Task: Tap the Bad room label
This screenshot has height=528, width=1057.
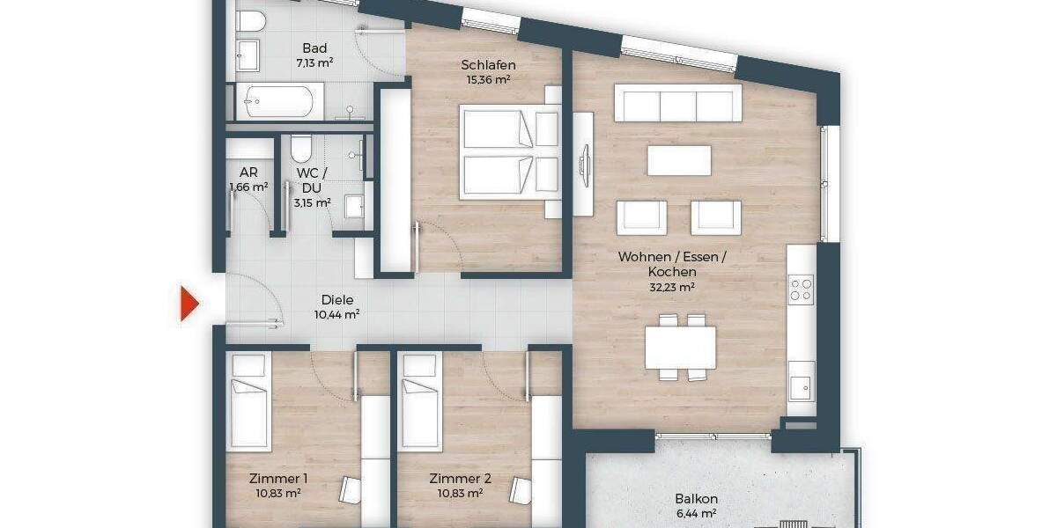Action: click(314, 48)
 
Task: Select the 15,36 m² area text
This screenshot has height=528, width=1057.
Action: click(488, 79)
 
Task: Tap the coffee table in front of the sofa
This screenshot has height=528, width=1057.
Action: click(679, 160)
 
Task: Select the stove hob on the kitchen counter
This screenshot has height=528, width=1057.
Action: click(801, 289)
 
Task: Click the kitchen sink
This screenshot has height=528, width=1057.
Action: click(801, 385)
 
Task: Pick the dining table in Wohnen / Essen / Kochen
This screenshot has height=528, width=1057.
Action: click(680, 347)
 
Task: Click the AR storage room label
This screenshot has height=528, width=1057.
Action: click(248, 173)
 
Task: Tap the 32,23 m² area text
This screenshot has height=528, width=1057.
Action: click(672, 287)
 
